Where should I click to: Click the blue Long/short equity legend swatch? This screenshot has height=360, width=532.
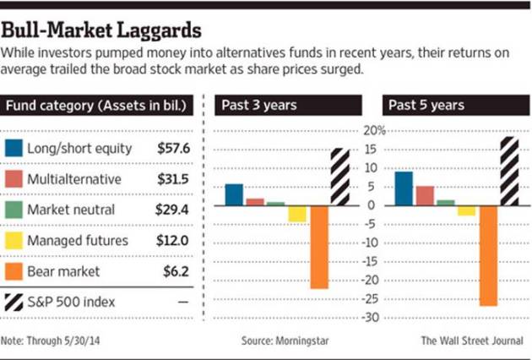tap(14, 149)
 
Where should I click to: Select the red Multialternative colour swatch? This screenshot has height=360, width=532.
tap(14, 179)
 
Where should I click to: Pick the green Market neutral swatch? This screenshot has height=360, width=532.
tap(14, 210)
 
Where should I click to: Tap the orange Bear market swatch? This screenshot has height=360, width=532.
tap(14, 271)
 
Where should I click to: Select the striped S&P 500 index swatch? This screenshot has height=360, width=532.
tap(14, 302)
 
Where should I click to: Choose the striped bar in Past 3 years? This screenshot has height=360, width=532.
tap(339, 177)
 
